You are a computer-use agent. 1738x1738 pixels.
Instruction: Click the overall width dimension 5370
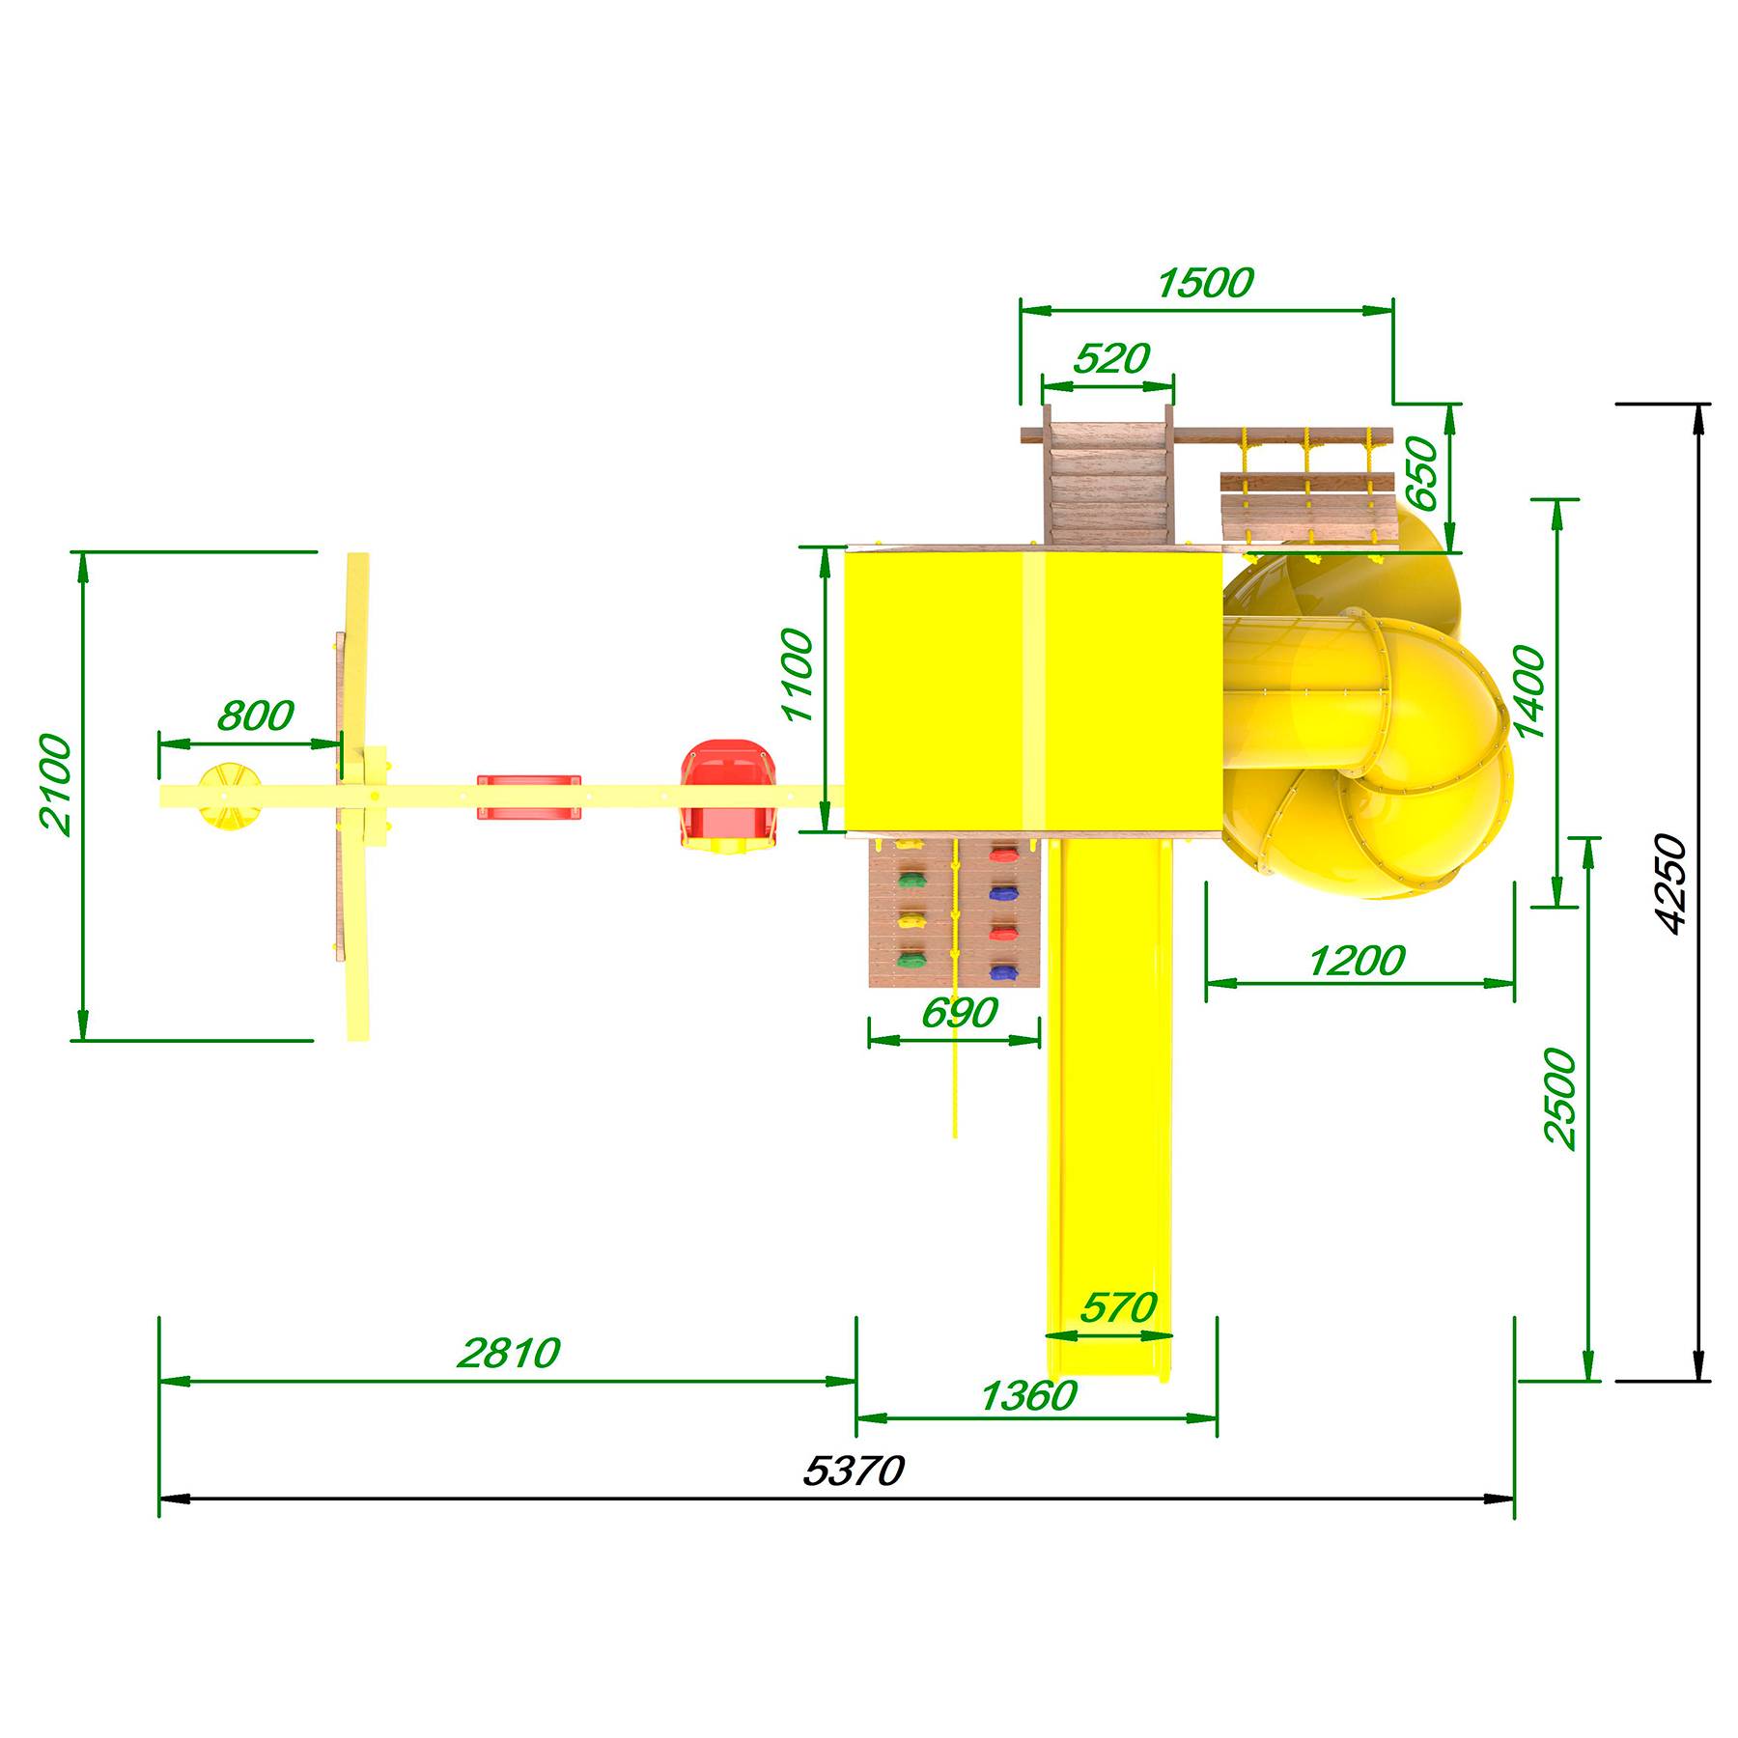854,1471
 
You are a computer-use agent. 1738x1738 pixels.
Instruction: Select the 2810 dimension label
508,1353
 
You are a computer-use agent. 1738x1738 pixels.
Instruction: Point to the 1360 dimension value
1027,1395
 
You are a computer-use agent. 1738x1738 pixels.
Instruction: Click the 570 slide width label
1118,1307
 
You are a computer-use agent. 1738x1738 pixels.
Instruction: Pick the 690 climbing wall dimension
960,1013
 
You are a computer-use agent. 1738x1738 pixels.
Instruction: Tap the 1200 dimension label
1356,961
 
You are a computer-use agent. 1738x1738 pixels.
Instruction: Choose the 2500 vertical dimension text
1559,1097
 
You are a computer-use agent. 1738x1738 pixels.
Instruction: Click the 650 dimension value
1421,473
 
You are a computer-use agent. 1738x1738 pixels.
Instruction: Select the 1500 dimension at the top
1205,283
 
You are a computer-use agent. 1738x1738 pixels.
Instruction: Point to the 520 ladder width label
1111,358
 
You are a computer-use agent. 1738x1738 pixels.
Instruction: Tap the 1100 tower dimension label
799,675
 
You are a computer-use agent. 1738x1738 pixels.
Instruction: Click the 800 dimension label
255,715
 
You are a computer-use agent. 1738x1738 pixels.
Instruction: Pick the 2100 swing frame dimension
55,784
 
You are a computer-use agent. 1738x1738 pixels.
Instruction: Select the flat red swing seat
529,797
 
